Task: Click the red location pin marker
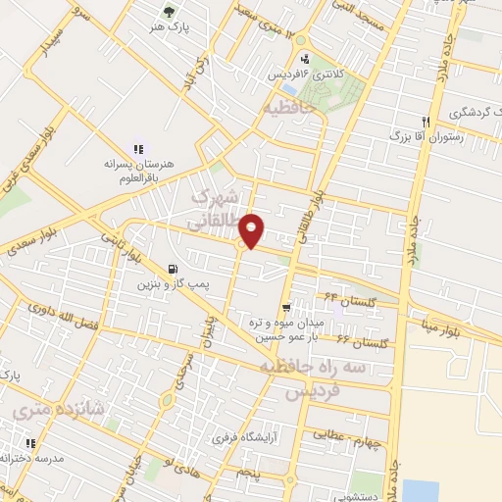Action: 253,229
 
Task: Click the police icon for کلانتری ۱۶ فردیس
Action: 305,58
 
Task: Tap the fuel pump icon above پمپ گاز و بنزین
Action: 173,269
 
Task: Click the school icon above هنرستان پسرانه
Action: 137,147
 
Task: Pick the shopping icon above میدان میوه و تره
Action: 285,308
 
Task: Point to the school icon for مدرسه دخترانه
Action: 23,444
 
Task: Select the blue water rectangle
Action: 419,490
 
